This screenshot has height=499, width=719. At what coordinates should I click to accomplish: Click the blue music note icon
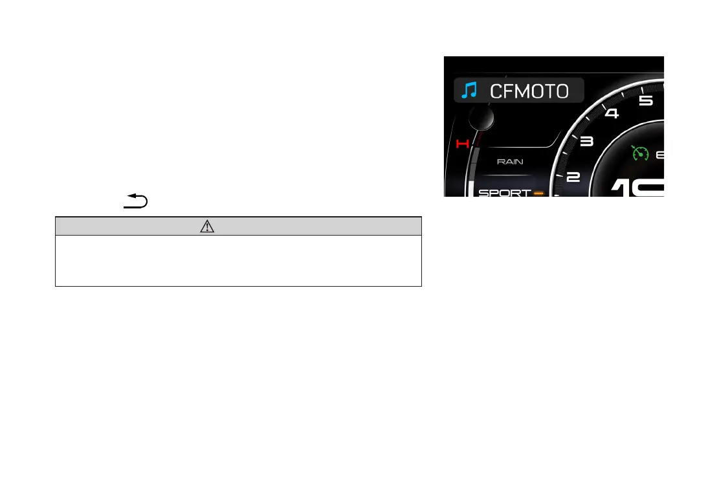pyautogui.click(x=468, y=91)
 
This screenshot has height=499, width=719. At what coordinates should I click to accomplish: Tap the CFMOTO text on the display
pyautogui.click(x=529, y=91)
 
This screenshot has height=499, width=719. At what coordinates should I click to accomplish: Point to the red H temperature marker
pyautogui.click(x=462, y=143)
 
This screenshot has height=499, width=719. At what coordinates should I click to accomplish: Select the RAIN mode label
pyautogui.click(x=510, y=162)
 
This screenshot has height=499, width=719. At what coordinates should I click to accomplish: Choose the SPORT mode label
pyautogui.click(x=504, y=192)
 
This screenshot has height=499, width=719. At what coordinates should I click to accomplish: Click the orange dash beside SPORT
pyautogui.click(x=538, y=192)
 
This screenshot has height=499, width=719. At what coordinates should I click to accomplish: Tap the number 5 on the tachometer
pyautogui.click(x=646, y=102)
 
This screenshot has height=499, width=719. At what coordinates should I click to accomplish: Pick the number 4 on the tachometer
pyautogui.click(x=611, y=114)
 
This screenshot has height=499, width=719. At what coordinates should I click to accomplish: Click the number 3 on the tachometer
pyautogui.click(x=586, y=142)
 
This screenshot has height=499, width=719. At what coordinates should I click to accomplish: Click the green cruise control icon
pyautogui.click(x=640, y=153)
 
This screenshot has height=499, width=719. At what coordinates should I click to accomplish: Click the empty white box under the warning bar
pyautogui.click(x=238, y=260)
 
